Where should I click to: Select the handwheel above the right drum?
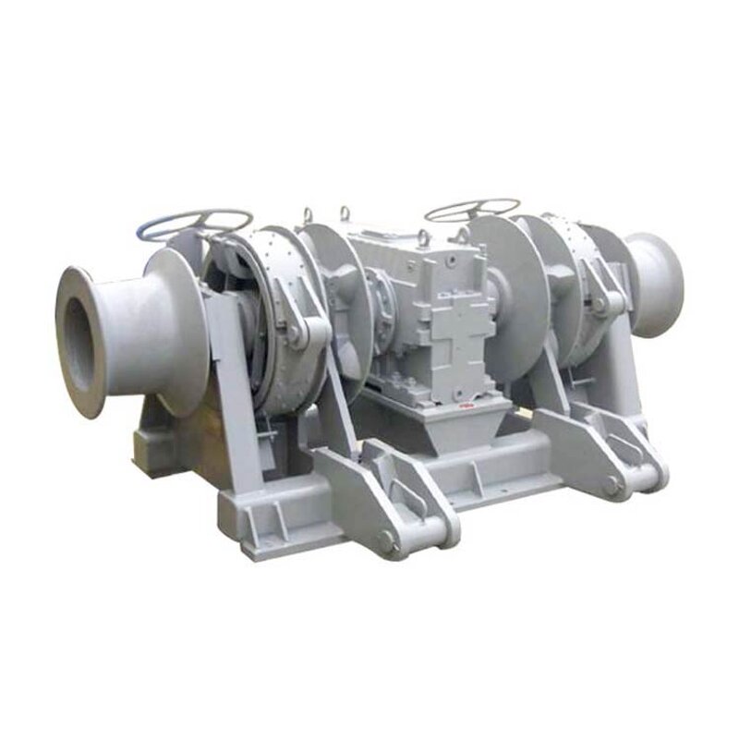coord(471,209)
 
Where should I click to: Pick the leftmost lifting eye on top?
coord(307,215)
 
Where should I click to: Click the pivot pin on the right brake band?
coord(600,302)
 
